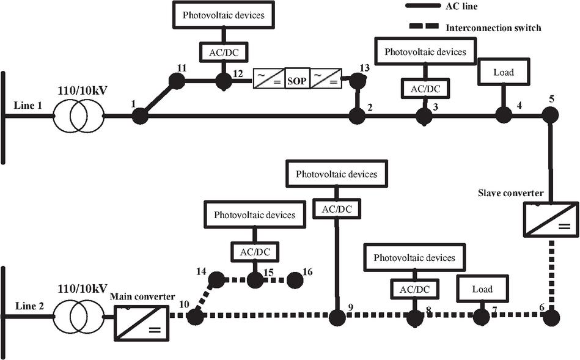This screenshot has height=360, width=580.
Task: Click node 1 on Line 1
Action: tap(140, 115)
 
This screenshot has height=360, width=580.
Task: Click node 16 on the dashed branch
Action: tap(295, 280)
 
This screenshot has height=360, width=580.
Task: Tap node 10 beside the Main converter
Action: tap(195, 317)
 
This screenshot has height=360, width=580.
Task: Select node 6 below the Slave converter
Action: tap(551, 317)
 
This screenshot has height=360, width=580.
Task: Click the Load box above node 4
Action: tap(503, 72)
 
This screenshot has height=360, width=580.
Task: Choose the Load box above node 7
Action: tap(482, 288)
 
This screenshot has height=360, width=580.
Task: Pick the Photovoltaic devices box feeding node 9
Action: tap(336, 174)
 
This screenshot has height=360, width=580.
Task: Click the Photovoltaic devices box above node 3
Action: tap(425, 52)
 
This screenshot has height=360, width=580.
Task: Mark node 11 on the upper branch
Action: tap(177, 80)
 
